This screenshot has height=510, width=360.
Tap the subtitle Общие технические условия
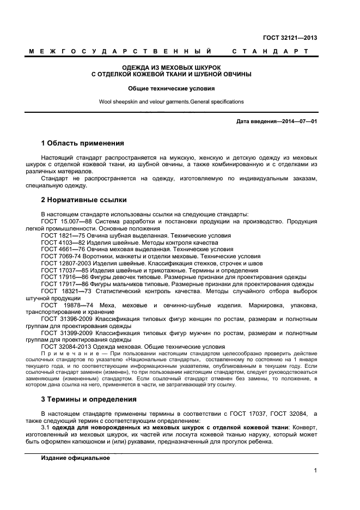pos(171,88)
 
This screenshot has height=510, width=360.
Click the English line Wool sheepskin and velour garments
pos(171,101)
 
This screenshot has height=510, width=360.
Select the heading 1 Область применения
pos(82,143)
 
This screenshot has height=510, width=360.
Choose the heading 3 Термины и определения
pos(89,399)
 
